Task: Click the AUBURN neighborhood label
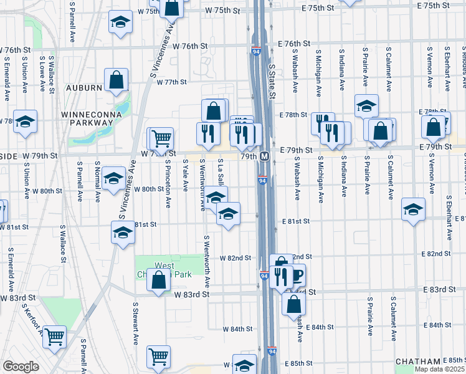click(82, 88)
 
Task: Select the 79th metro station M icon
click(264, 156)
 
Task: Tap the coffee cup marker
click(297, 273)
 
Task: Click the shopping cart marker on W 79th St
click(161, 138)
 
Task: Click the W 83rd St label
click(190, 294)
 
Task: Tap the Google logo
click(21, 367)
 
